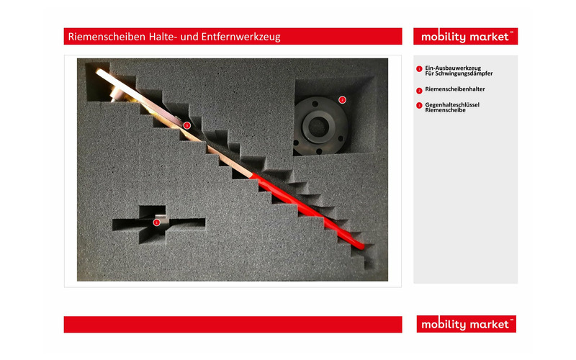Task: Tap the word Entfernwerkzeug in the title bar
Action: tap(240, 37)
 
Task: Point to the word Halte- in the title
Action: tap(163, 37)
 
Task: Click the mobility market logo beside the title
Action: tap(465, 37)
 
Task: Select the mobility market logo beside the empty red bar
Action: tap(466, 324)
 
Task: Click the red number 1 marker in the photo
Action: tap(156, 222)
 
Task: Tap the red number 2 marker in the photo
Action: tap(342, 99)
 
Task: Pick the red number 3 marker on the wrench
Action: tap(187, 125)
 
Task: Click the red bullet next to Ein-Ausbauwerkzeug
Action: tap(419, 69)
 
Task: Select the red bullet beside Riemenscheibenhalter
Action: tap(419, 91)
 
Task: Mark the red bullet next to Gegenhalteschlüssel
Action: tap(419, 106)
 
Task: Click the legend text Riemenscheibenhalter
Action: tap(455, 89)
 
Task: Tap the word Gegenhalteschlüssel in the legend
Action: tap(452, 104)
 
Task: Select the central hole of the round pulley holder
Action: tap(318, 127)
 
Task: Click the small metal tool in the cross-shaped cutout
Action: tap(161, 220)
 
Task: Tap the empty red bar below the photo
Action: tap(233, 325)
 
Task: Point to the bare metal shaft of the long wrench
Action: tap(174, 122)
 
